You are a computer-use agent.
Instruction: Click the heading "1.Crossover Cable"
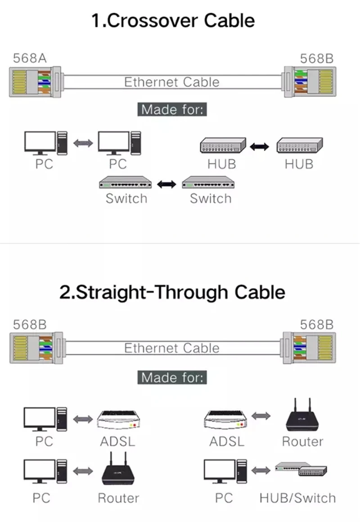pyautogui.click(x=173, y=21)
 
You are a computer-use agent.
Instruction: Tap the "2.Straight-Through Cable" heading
pyautogui.click(x=172, y=292)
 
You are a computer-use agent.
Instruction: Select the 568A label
pyautogui.click(x=30, y=58)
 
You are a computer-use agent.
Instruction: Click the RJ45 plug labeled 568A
pyautogui.click(x=34, y=82)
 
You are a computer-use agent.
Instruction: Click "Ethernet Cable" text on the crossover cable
pyautogui.click(x=172, y=82)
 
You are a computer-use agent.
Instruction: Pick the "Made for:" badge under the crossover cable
pyautogui.click(x=172, y=109)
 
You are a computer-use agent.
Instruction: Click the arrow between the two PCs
pyautogui.click(x=83, y=143)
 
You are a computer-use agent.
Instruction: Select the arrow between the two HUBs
pyautogui.click(x=260, y=146)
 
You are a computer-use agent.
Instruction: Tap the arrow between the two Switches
pyautogui.click(x=166, y=183)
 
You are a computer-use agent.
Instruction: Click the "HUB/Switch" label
pyautogui.click(x=297, y=498)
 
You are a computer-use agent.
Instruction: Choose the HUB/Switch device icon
pyautogui.click(x=301, y=469)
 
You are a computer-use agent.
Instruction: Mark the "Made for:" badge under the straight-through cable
pyautogui.click(x=172, y=377)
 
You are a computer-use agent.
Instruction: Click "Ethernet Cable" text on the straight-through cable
pyautogui.click(x=172, y=348)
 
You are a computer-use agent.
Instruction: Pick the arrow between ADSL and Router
pyautogui.click(x=261, y=416)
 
